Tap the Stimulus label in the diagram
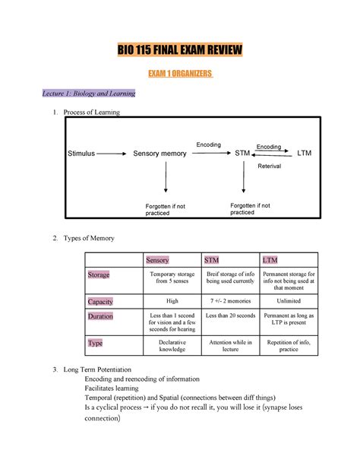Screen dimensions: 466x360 (x=80, y=154)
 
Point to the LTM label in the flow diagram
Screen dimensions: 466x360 (x=305, y=154)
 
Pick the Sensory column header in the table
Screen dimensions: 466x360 (x=158, y=260)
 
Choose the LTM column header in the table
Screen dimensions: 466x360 (x=270, y=260)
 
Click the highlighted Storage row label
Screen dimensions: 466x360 (x=99, y=275)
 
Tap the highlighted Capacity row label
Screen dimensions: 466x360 (x=100, y=302)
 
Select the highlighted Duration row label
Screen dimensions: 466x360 (x=101, y=316)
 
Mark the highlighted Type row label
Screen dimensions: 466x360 (x=96, y=343)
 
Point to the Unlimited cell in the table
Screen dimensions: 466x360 (x=289, y=301)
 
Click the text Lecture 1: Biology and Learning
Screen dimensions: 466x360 (x=89, y=94)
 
